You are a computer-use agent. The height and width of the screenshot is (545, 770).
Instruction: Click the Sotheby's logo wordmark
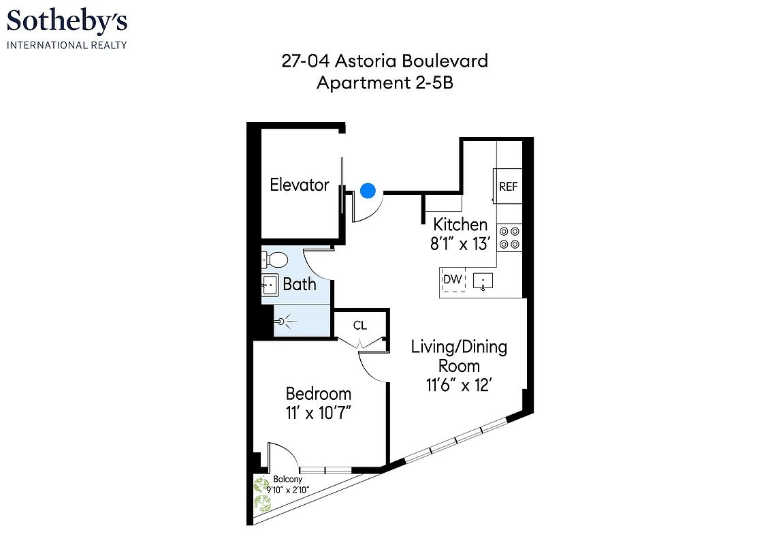tap(67, 22)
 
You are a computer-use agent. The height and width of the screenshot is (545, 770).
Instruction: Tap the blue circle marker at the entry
tap(368, 191)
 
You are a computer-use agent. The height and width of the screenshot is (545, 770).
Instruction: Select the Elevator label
tap(300, 185)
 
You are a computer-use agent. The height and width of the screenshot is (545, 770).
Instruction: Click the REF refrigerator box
tap(509, 187)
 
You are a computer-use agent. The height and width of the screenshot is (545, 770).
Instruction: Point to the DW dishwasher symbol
tap(453, 279)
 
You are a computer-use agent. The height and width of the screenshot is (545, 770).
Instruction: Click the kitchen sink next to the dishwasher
tap(483, 281)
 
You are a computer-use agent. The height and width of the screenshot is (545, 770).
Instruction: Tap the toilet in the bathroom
tap(275, 260)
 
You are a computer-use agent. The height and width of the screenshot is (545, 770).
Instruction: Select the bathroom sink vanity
tap(270, 285)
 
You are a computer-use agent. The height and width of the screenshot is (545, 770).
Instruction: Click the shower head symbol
tap(282, 319)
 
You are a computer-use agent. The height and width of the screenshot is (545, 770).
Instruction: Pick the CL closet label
tap(360, 326)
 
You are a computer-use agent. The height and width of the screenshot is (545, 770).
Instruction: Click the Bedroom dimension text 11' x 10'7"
tap(319, 413)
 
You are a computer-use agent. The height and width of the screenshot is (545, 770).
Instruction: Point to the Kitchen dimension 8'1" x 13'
tap(460, 244)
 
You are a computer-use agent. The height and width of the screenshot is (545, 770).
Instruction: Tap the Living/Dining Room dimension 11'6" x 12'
tap(459, 386)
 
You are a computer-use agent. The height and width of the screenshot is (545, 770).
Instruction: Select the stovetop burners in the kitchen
tap(509, 238)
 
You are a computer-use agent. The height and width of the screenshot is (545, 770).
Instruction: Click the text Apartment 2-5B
tap(385, 83)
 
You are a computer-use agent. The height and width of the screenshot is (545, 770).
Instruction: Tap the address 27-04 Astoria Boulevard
tap(385, 61)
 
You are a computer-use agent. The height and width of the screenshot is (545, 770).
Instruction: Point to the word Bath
tap(300, 284)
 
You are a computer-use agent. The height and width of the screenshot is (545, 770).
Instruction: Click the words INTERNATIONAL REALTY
tap(67, 45)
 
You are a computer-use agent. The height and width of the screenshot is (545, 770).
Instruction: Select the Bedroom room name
tap(319, 394)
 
